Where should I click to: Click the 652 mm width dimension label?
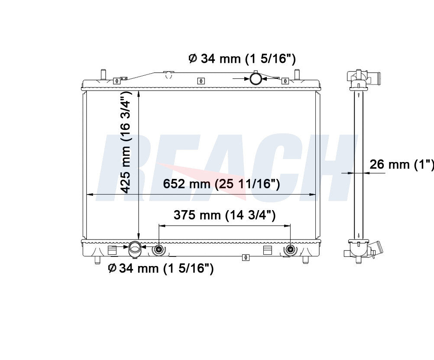pyautogui.click(x=221, y=184)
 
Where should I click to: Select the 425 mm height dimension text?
pyautogui.click(x=126, y=143)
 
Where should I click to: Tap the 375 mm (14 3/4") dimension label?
pyautogui.click(x=224, y=215)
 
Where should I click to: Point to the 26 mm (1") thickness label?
pyautogui.click(x=402, y=165)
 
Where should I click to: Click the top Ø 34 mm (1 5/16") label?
pyautogui.click(x=242, y=59)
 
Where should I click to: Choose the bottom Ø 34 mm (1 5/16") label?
pyautogui.click(x=161, y=268)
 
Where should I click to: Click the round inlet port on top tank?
pyautogui.click(x=255, y=79)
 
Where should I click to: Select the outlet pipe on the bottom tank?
pyautogui.click(x=135, y=250)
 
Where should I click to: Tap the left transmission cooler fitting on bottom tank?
pyautogui.click(x=159, y=250)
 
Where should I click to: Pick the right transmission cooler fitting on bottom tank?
pyautogui.click(x=290, y=250)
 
